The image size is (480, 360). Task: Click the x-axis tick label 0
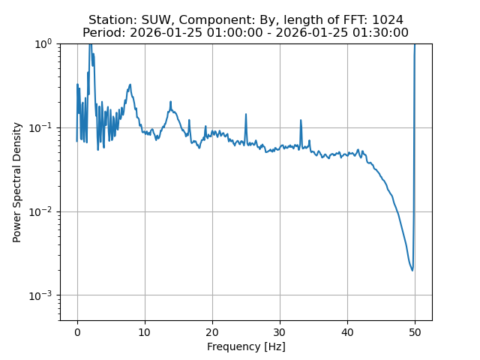(77, 332)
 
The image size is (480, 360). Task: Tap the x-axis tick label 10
(145, 332)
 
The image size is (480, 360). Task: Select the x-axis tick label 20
(212, 332)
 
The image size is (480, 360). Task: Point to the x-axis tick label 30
(280, 332)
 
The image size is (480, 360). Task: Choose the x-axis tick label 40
(347, 332)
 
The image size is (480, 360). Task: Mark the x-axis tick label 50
(415, 332)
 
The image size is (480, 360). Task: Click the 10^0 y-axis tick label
(43, 43)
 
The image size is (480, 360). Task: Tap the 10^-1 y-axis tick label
(41, 127)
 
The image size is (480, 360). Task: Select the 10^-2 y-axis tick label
(41, 211)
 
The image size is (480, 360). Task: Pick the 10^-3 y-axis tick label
(41, 295)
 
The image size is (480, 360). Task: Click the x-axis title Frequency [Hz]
(246, 346)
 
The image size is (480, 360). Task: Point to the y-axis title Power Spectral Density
(17, 182)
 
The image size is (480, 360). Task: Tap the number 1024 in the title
(387, 20)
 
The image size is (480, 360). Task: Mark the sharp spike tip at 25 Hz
(246, 115)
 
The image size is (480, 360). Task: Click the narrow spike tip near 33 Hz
(301, 120)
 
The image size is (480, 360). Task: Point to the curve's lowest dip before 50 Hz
(412, 270)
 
